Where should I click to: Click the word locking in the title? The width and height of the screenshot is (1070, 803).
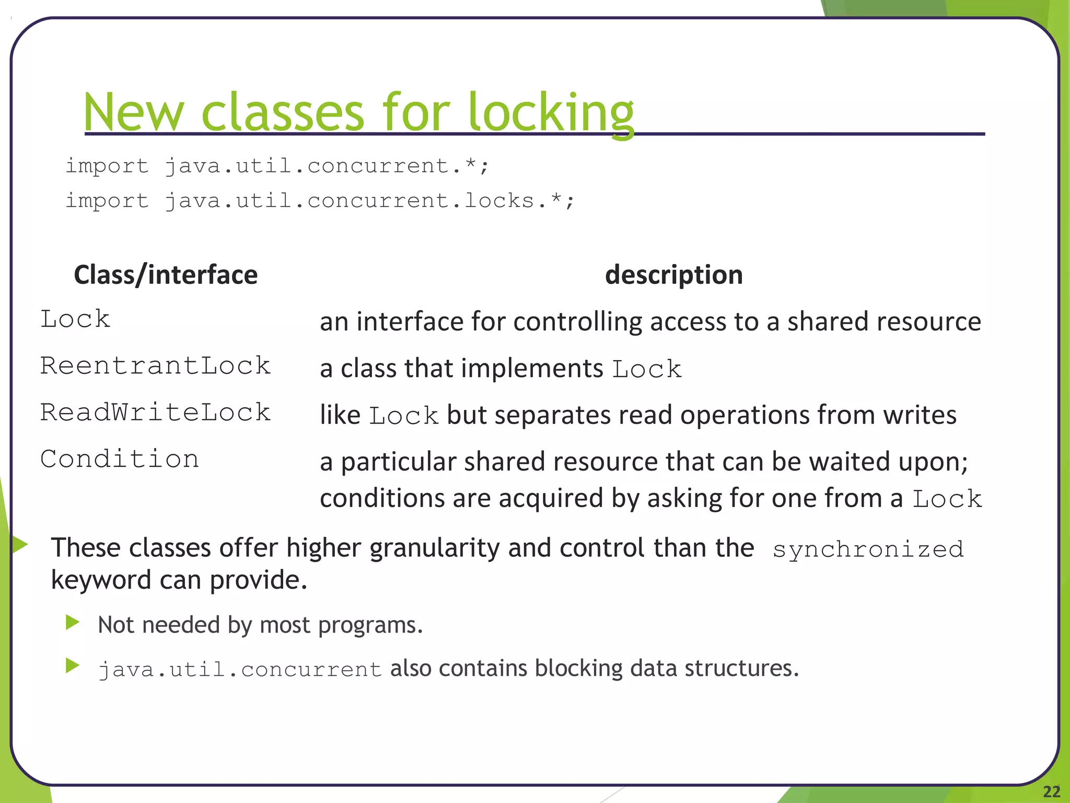point(551,113)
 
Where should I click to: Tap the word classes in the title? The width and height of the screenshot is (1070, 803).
point(282,113)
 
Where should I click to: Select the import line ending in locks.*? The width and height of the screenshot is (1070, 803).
point(319,201)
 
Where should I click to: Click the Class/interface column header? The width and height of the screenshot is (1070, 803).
point(166,275)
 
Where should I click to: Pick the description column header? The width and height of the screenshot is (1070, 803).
point(673,275)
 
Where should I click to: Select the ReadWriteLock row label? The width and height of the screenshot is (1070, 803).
point(155,412)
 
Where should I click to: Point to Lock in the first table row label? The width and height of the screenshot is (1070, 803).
point(75,319)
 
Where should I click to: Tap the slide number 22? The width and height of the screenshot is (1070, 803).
point(1051,791)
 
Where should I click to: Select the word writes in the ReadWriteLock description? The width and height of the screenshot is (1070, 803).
point(920,415)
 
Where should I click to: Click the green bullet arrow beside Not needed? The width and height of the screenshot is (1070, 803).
point(73,622)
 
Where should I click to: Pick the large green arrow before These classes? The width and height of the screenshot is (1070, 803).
point(19,544)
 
